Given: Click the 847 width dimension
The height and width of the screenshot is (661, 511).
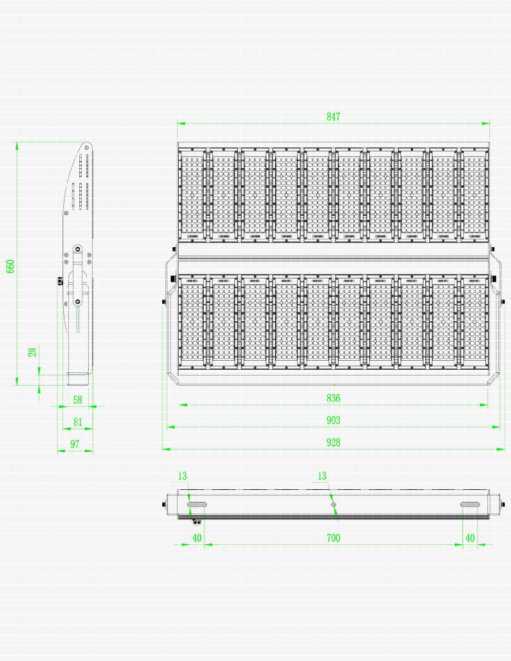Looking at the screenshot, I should [333, 116].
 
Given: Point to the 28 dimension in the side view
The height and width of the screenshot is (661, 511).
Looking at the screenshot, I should [33, 352].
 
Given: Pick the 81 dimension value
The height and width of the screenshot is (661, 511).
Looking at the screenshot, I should [77, 422].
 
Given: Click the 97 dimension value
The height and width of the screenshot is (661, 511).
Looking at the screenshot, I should [75, 444].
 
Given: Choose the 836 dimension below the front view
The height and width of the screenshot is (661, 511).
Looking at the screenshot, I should [333, 398].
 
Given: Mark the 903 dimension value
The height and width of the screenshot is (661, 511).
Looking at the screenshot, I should [333, 420].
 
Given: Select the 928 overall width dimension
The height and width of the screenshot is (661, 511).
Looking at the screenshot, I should [333, 442].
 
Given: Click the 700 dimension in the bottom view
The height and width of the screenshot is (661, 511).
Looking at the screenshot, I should [333, 538].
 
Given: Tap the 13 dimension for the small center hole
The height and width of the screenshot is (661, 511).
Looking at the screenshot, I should [322, 476].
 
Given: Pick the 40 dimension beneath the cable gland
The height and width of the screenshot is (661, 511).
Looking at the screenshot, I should [197, 538].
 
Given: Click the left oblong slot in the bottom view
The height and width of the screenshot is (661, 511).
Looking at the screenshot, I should [197, 505].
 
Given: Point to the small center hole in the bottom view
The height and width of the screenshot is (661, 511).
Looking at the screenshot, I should [333, 505].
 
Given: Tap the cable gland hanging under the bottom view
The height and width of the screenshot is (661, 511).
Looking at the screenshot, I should [197, 521].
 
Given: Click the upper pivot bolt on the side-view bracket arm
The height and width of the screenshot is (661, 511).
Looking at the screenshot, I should [78, 248].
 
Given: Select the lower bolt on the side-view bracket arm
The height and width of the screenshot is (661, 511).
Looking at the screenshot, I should [78, 301].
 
